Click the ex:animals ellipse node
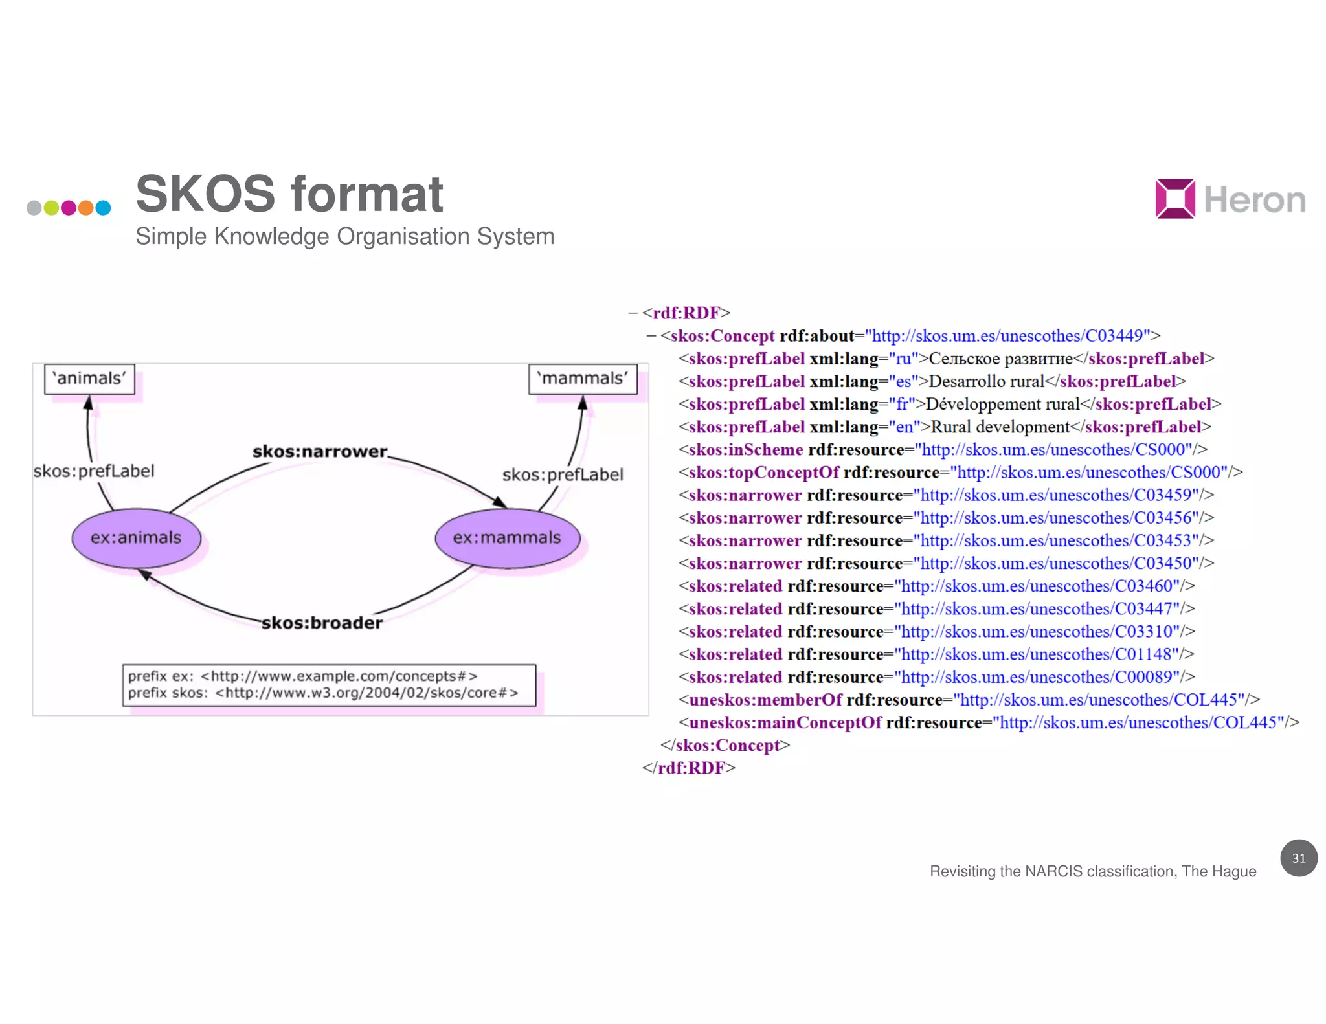click(136, 538)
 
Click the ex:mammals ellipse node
click(507, 538)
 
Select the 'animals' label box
click(89, 379)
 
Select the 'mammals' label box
click(583, 379)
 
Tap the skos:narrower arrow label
click(320, 451)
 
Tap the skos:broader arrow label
click(322, 623)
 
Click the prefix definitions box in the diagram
click(329, 685)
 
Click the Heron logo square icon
click(1174, 199)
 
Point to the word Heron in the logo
click(1254, 200)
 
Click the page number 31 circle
click(1298, 858)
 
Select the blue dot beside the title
click(103, 208)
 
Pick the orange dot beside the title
click(85, 208)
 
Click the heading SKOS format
click(289, 194)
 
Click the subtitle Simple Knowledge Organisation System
click(344, 237)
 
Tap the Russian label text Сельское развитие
click(1000, 359)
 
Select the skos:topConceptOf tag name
click(763, 473)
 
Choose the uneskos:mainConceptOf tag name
click(785, 722)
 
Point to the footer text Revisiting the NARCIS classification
click(1092, 871)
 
